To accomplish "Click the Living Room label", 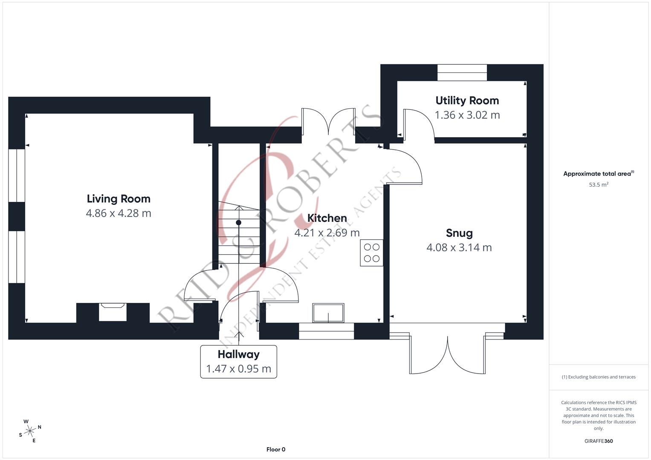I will click(x=119, y=199).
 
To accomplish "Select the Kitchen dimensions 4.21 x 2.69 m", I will click(x=327, y=233).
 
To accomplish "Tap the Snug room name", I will click(x=459, y=233).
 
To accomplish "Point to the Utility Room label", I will click(x=467, y=101).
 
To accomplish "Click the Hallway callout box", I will click(x=239, y=362).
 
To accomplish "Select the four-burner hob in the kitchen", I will click(x=371, y=253).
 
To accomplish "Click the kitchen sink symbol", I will click(x=328, y=313).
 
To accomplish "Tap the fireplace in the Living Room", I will click(x=113, y=312).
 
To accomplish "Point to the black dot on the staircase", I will click(x=239, y=223).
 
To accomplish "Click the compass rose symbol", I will click(x=30, y=431).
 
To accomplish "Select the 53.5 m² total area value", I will click(x=599, y=185).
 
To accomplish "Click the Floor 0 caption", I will click(x=276, y=449).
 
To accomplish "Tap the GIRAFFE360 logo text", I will click(x=599, y=441).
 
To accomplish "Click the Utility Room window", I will click(x=462, y=72).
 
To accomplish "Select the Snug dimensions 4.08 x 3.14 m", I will click(x=459, y=247).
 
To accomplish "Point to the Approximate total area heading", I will click(x=598, y=174).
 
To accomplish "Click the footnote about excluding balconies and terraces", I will click(x=599, y=377).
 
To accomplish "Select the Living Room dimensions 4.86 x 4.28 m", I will click(x=119, y=213).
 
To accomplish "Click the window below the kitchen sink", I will click(x=327, y=331).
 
